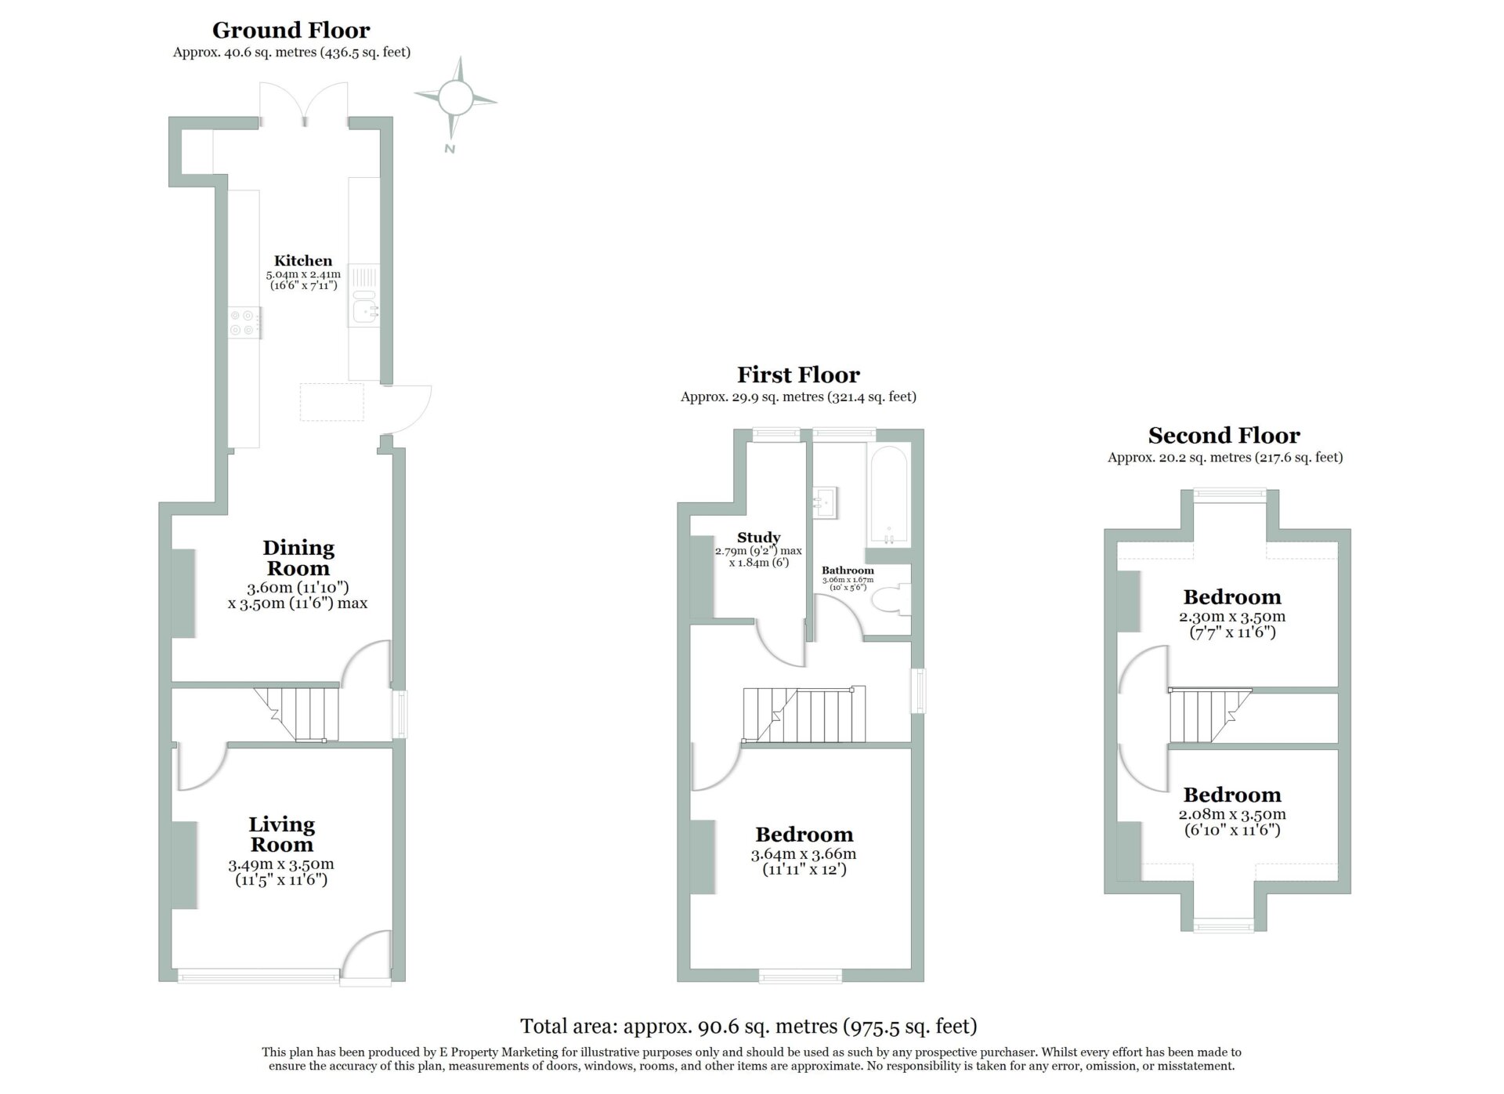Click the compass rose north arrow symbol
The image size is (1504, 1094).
(455, 100)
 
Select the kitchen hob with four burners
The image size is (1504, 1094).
(244, 322)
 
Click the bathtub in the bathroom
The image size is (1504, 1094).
(888, 497)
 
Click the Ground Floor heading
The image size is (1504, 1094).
(291, 31)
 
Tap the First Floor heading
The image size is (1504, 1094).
(798, 375)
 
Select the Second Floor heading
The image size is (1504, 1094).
(1224, 435)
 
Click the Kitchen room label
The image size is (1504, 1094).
(303, 260)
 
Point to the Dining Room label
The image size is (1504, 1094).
(298, 557)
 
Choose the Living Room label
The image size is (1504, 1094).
(282, 834)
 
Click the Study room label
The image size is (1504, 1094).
(758, 537)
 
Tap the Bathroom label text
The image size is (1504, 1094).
(848, 570)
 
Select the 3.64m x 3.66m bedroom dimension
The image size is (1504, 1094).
(804, 854)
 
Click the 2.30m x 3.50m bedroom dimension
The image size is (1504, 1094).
(1232, 616)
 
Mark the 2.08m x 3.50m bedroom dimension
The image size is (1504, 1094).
(1232, 814)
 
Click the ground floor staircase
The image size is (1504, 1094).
(297, 714)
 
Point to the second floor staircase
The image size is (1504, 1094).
(1209, 715)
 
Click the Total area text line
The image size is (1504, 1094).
(749, 1026)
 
